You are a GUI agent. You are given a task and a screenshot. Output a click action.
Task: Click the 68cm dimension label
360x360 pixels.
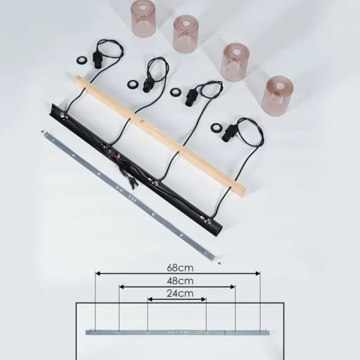(x=180, y=268)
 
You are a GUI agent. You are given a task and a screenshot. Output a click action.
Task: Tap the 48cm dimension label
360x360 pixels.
(x=180, y=281)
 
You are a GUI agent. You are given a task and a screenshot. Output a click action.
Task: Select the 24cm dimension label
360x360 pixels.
(x=180, y=293)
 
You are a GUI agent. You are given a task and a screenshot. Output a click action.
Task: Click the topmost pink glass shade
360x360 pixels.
(x=144, y=18)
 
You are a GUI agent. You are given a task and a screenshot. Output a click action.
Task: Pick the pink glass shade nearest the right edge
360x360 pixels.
(x=277, y=96)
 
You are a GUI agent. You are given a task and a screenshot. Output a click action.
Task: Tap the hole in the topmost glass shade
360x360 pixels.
(x=144, y=7)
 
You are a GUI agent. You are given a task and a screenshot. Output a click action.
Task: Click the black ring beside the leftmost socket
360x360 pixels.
(x=81, y=61)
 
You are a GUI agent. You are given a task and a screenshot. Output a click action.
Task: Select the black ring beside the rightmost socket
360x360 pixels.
(x=216, y=127)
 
